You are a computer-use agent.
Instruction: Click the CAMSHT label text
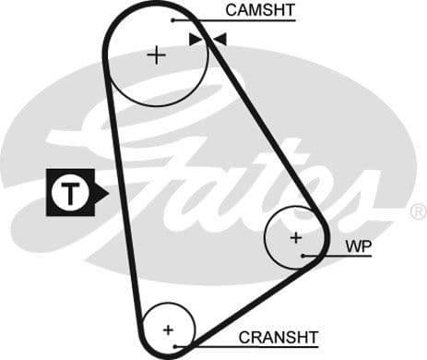(x=259, y=11)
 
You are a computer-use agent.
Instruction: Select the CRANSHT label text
(x=278, y=337)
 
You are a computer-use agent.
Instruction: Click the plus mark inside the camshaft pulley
(x=156, y=55)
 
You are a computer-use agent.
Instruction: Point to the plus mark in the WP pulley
(x=295, y=237)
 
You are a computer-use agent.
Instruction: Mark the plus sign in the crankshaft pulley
(x=168, y=329)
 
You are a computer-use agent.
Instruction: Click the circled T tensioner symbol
(x=69, y=193)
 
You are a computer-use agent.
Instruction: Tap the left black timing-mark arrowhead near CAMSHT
(x=195, y=39)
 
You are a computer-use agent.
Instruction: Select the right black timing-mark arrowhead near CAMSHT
(x=219, y=39)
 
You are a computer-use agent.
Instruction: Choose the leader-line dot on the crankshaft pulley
(x=185, y=347)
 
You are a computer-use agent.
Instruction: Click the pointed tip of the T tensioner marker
(x=107, y=193)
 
